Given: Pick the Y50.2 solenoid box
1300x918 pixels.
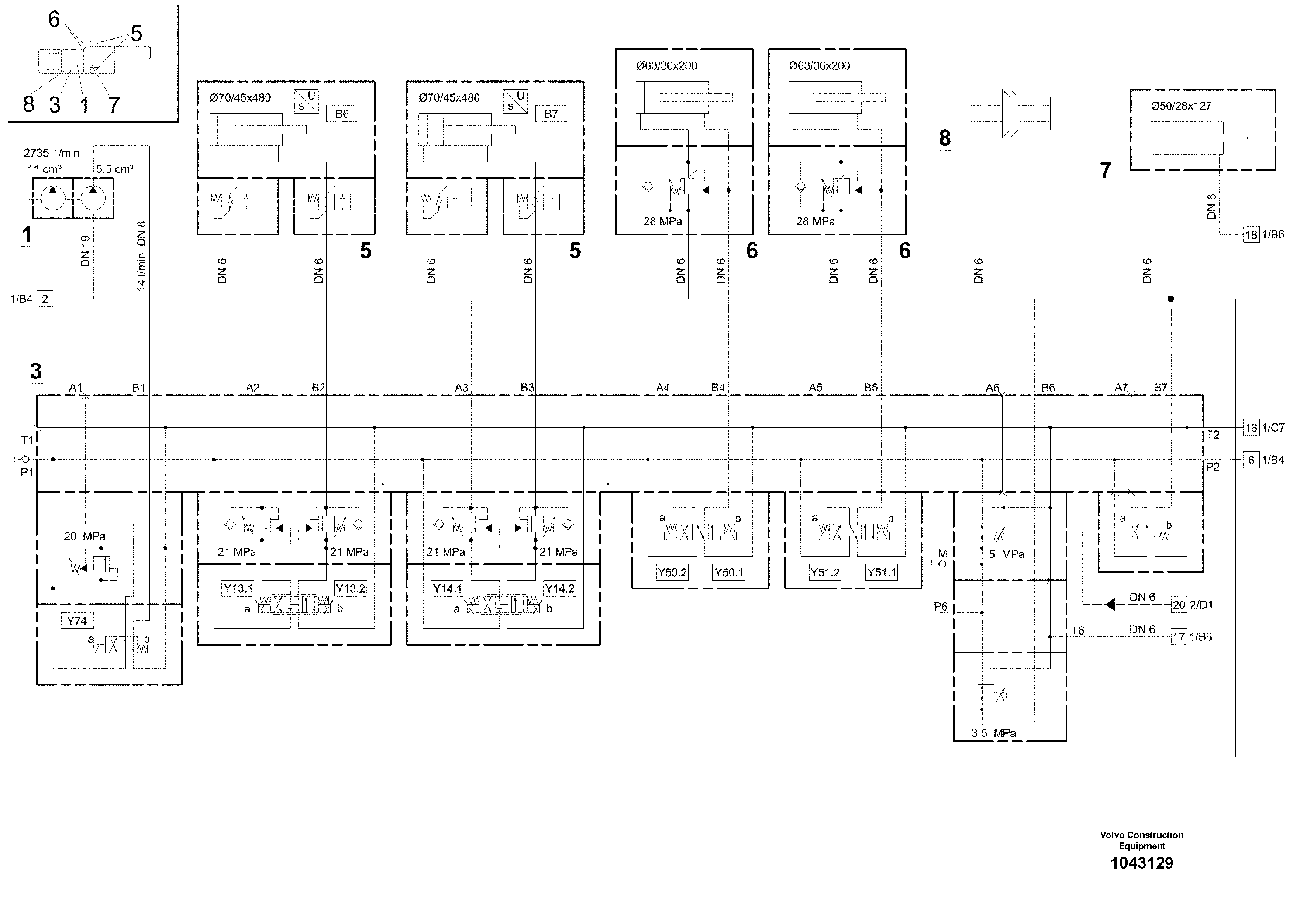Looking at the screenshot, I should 672,572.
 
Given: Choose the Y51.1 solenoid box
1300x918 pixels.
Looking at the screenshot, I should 881,572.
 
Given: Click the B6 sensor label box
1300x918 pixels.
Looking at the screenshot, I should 342,114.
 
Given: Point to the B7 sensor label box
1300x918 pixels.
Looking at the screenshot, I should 551,114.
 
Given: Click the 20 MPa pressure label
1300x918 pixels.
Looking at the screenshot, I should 84,536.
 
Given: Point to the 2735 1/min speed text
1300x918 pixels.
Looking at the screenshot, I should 51,153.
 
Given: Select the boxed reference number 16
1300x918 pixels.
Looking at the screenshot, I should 1251,428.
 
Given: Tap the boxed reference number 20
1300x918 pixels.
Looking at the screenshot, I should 1179,605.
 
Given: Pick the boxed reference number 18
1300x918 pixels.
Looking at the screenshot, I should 1251,234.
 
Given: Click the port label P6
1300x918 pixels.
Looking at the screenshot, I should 941,607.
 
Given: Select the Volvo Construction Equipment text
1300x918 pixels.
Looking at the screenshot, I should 1141,840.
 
